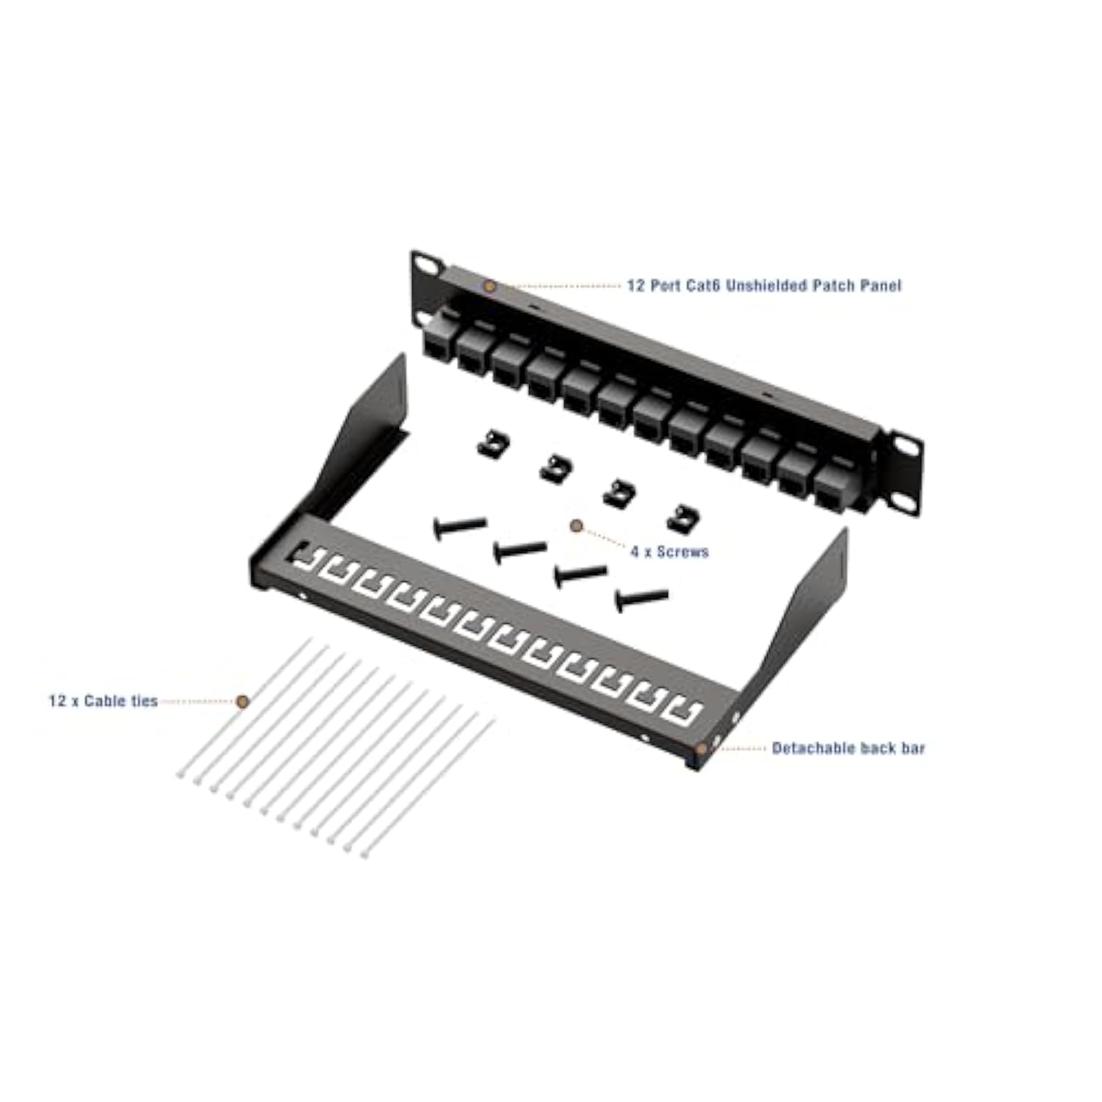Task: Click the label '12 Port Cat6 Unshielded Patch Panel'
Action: (763, 286)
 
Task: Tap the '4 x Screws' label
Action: (669, 552)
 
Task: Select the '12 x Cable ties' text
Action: (103, 701)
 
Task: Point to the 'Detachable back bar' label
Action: (848, 748)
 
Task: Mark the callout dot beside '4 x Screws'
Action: (577, 525)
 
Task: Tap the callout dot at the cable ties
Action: (242, 702)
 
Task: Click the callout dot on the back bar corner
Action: (702, 749)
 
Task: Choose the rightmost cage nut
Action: (684, 518)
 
